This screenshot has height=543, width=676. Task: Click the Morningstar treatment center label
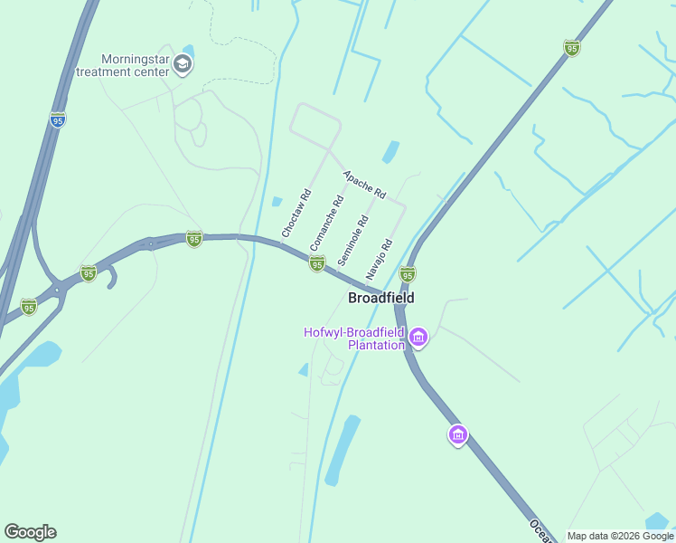[x=124, y=64]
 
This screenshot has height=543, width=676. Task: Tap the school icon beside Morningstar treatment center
[x=183, y=63]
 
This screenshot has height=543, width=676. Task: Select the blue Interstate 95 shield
[x=57, y=119]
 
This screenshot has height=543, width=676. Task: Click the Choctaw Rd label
[x=296, y=214]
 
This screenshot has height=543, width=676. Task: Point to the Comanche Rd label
[x=326, y=224]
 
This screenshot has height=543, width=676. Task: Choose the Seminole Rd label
[x=353, y=239]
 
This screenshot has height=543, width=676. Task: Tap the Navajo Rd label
[x=380, y=258]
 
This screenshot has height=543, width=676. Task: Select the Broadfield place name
[x=381, y=297]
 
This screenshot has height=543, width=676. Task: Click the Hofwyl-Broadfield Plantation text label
[x=353, y=338]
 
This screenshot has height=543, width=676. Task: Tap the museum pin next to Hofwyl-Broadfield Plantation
[x=418, y=338]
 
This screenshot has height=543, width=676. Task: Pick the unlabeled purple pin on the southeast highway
[x=458, y=435]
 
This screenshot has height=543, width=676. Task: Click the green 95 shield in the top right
[x=571, y=48]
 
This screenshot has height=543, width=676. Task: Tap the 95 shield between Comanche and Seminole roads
[x=316, y=262]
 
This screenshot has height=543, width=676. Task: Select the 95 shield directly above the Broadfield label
[x=408, y=274]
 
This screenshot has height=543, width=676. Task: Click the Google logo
[x=30, y=532]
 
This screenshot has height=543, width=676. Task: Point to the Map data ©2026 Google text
[x=620, y=536]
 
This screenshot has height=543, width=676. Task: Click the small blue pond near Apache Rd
[x=390, y=152]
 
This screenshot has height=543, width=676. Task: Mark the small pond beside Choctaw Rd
[x=277, y=202]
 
